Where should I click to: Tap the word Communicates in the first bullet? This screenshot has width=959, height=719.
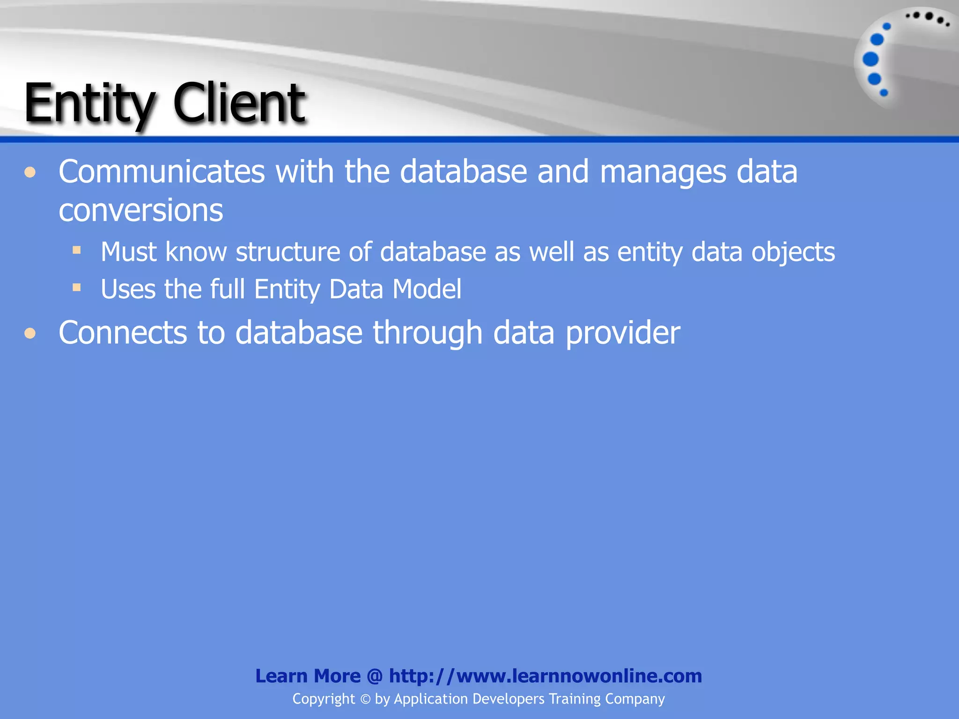[162, 171]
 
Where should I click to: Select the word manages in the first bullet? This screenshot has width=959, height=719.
[663, 172]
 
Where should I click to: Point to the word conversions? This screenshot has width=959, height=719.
[140, 210]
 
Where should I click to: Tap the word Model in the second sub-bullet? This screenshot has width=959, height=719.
[427, 289]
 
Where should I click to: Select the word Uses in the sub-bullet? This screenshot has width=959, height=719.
[128, 289]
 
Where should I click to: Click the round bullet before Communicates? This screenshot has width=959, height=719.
[30, 173]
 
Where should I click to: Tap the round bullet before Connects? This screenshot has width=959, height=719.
[30, 333]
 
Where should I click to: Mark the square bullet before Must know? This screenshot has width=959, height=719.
[77, 250]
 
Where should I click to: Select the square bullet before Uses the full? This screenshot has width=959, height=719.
[77, 287]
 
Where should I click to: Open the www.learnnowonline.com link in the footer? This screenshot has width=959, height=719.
[545, 676]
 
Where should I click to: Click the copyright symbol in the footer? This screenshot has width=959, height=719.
[365, 699]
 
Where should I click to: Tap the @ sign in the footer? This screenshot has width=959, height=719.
[375, 676]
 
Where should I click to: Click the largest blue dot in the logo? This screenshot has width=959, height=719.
[870, 59]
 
